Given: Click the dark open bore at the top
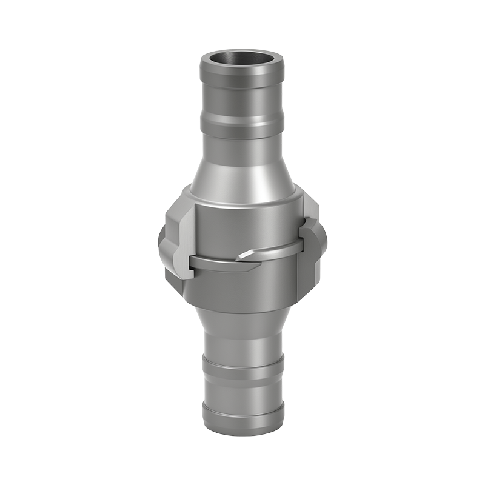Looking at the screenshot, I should click(x=242, y=62).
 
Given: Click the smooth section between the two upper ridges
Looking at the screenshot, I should click(x=242, y=103).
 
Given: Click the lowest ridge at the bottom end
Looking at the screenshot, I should click(x=242, y=418).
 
